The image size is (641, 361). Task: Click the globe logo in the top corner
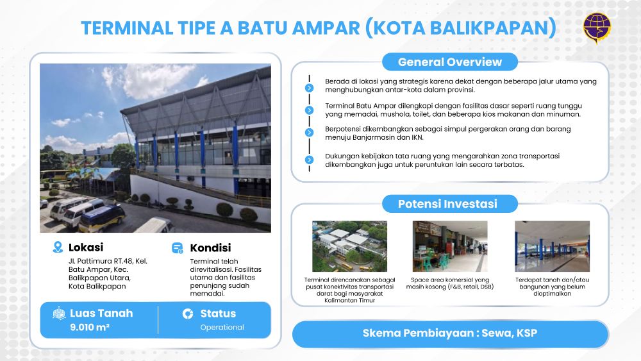click(597, 28)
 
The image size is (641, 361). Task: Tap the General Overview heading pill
click(450, 62)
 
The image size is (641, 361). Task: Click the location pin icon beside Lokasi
click(58, 247)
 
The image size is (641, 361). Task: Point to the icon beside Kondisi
click(178, 248)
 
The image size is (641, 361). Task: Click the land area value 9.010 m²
click(90, 327)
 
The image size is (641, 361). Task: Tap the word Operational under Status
click(222, 327)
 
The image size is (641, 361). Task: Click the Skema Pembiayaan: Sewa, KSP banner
click(450, 333)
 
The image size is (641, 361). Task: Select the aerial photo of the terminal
click(349, 246)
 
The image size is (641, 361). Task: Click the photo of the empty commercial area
click(450, 246)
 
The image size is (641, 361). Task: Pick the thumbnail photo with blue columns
click(553, 246)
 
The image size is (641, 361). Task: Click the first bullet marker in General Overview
click(310, 88)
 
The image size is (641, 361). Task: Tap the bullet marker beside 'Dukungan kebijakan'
click(310, 160)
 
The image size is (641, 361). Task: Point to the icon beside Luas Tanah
click(59, 313)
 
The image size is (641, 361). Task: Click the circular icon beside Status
click(188, 314)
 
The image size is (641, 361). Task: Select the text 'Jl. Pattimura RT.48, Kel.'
click(108, 261)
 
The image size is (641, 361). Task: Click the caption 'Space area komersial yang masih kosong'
click(450, 283)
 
